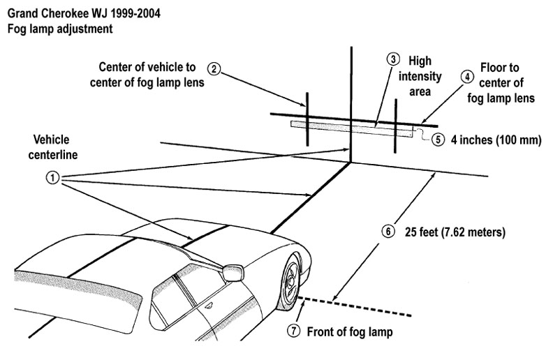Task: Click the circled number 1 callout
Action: click(51, 177)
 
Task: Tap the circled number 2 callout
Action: click(216, 68)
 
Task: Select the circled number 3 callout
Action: click(393, 60)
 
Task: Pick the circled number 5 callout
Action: click(438, 139)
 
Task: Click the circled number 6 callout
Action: click(390, 230)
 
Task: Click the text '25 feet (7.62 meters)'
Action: click(454, 230)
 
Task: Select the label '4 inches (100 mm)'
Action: click(496, 139)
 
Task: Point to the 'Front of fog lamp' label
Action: click(351, 332)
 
